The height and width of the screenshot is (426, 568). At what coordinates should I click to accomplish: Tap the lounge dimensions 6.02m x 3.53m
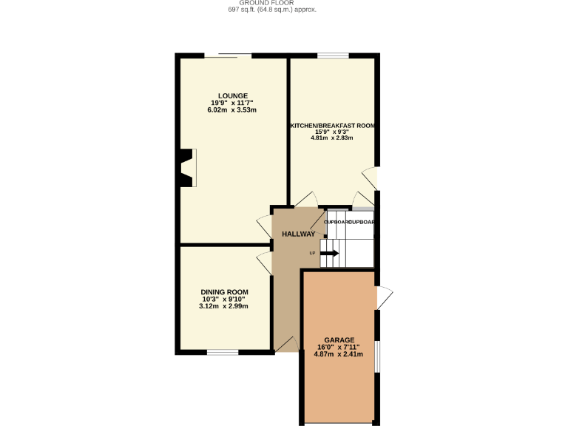(232, 110)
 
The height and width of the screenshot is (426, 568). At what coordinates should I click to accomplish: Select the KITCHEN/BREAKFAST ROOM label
(332, 126)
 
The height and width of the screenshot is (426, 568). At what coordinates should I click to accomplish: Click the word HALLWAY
(299, 234)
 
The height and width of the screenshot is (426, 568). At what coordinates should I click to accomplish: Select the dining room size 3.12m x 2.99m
(224, 306)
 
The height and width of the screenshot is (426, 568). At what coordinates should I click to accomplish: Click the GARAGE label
(339, 339)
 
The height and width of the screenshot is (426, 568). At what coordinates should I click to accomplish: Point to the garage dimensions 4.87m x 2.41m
(339, 354)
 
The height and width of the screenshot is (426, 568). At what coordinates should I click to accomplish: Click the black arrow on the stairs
(330, 253)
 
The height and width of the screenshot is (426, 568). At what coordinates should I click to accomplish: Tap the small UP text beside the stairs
(313, 254)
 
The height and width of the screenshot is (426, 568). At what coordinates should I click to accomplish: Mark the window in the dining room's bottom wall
(222, 352)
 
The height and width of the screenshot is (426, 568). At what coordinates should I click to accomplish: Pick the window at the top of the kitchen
(328, 55)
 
